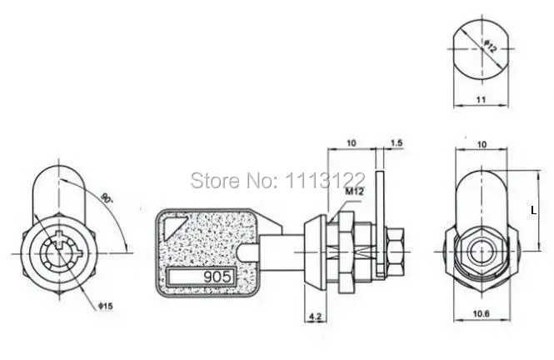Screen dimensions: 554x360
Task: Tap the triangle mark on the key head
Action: click(173, 227)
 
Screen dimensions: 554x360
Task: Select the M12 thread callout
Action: click(354, 192)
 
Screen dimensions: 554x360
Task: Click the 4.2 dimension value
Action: click(315, 317)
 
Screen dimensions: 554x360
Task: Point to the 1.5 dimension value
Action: click(397, 143)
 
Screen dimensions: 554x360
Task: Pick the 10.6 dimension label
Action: click(482, 313)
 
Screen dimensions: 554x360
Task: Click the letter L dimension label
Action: click(534, 211)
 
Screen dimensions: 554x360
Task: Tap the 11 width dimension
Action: click(482, 100)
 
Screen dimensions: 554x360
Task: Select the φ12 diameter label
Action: click(491, 47)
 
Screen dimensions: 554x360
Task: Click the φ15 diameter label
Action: click(106, 306)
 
